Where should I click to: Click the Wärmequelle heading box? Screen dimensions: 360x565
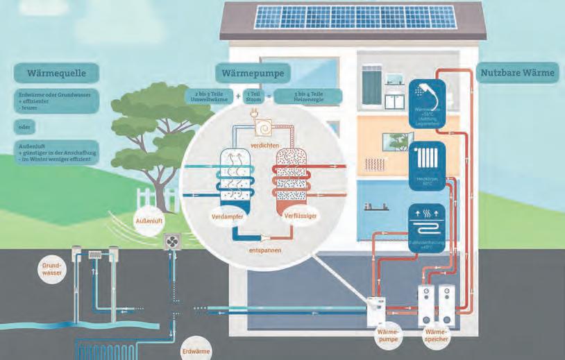pyautogui.click(x=55, y=72)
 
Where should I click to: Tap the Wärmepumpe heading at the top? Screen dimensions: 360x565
pyautogui.click(x=253, y=72)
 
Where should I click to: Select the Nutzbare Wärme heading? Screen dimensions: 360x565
pyautogui.click(x=517, y=72)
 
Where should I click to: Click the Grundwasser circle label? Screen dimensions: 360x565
pyautogui.click(x=53, y=268)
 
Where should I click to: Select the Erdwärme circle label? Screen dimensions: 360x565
pyautogui.click(x=193, y=350)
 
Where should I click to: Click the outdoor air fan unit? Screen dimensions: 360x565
pyautogui.click(x=171, y=241)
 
